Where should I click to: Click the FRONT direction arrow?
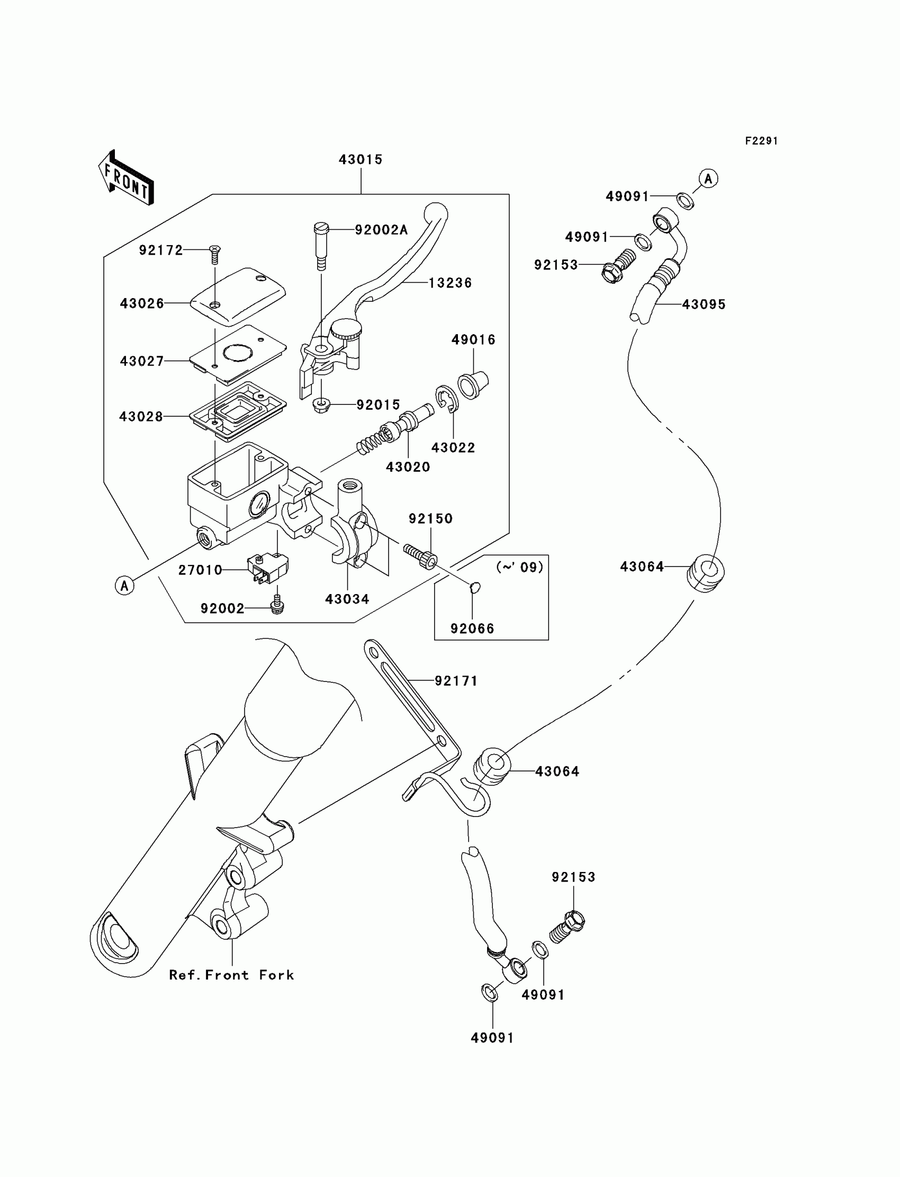(x=127, y=177)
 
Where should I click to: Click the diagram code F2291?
(x=761, y=141)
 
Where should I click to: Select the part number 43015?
(x=361, y=160)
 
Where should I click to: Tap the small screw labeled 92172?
(x=215, y=254)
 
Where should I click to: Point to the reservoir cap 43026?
(x=238, y=297)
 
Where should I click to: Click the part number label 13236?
(x=450, y=283)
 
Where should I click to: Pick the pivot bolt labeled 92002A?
(x=321, y=246)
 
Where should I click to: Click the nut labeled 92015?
(x=321, y=405)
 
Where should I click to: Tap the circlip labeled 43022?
(x=446, y=399)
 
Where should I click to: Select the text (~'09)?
(x=520, y=567)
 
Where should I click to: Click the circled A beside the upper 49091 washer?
(x=708, y=178)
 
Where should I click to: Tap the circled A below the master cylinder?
(x=125, y=586)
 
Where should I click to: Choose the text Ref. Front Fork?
(x=231, y=975)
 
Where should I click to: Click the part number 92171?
(x=456, y=681)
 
